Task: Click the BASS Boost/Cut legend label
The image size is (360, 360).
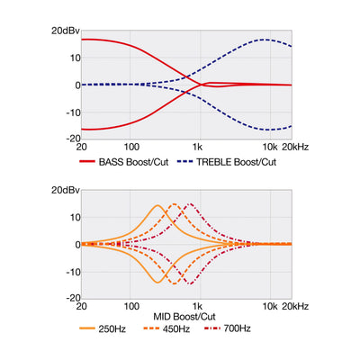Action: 133,162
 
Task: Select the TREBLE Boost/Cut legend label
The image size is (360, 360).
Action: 236,162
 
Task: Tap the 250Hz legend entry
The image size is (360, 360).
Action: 112,328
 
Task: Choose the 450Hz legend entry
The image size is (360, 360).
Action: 176,328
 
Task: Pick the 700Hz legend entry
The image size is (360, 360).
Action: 237,328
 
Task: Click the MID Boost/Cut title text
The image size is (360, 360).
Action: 184,317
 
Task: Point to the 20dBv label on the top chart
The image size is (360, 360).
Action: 66,31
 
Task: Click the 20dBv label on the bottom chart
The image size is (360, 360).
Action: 66,190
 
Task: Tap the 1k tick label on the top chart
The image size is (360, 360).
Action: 197,147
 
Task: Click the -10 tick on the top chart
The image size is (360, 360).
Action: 74,112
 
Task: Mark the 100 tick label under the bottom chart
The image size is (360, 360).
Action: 131,306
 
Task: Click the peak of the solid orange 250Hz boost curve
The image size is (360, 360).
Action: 157,205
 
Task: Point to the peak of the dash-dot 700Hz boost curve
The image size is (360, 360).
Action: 191,204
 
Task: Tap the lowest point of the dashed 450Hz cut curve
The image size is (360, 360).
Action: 174,283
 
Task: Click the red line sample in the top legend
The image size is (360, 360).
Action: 87,162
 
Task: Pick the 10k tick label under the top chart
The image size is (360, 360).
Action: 270,147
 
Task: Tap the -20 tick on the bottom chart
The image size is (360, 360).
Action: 74,298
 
